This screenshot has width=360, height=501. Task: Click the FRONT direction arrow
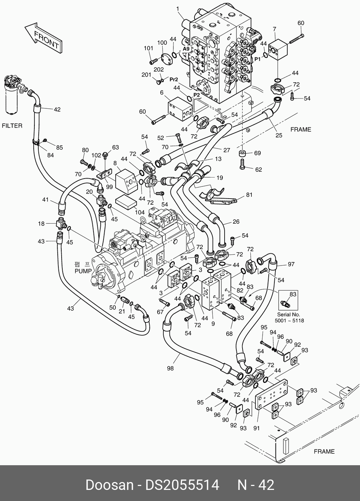[x=43, y=38]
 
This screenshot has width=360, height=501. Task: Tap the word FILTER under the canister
[x=12, y=126]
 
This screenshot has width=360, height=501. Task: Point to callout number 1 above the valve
[x=178, y=9]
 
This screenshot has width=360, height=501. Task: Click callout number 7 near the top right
[x=274, y=29]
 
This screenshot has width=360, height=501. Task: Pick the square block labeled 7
[x=278, y=50]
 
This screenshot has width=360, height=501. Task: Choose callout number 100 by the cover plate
[x=162, y=43]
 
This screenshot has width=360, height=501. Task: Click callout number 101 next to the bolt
[x=148, y=48]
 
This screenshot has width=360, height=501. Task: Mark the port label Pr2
[x=174, y=79]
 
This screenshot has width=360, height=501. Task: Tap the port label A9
[x=186, y=49]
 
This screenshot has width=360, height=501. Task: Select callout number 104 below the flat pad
[x=140, y=212]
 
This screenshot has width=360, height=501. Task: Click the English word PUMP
[x=83, y=271]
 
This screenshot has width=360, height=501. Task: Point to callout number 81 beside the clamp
[x=249, y=195]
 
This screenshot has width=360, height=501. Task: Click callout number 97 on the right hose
[x=291, y=264]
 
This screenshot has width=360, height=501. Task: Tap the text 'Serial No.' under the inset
[x=289, y=315]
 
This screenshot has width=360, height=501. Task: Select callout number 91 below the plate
[x=256, y=428]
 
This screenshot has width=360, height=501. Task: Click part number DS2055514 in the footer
[x=182, y=485]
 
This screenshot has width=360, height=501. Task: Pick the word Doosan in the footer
[x=109, y=485]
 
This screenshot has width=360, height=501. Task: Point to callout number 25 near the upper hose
[x=279, y=135]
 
